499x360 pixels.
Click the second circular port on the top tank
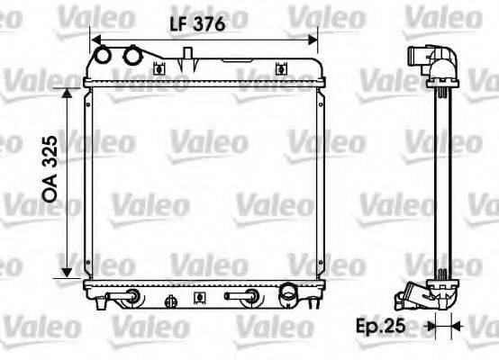[x=133, y=57]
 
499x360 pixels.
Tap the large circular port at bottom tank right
[x=288, y=292]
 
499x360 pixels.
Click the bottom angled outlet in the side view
[x=422, y=294]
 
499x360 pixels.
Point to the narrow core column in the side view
[x=442, y=180]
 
